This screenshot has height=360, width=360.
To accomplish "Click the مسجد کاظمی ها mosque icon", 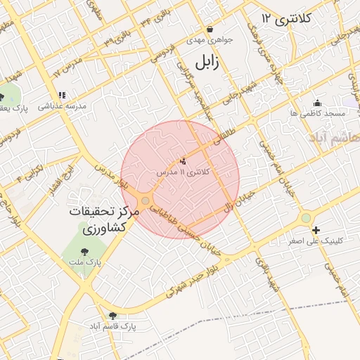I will pos(318,103).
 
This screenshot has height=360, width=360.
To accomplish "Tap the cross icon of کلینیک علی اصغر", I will pos(316,230).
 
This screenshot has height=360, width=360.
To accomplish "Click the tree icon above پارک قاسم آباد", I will pos(113,316).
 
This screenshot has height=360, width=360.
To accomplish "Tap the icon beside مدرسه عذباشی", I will pos(63,95).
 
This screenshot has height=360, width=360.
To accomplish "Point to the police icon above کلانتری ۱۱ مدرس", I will pos(184,161).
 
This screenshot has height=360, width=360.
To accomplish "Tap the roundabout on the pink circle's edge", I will pos(145,201).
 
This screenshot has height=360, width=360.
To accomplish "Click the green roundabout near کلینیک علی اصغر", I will pos(305,218).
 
